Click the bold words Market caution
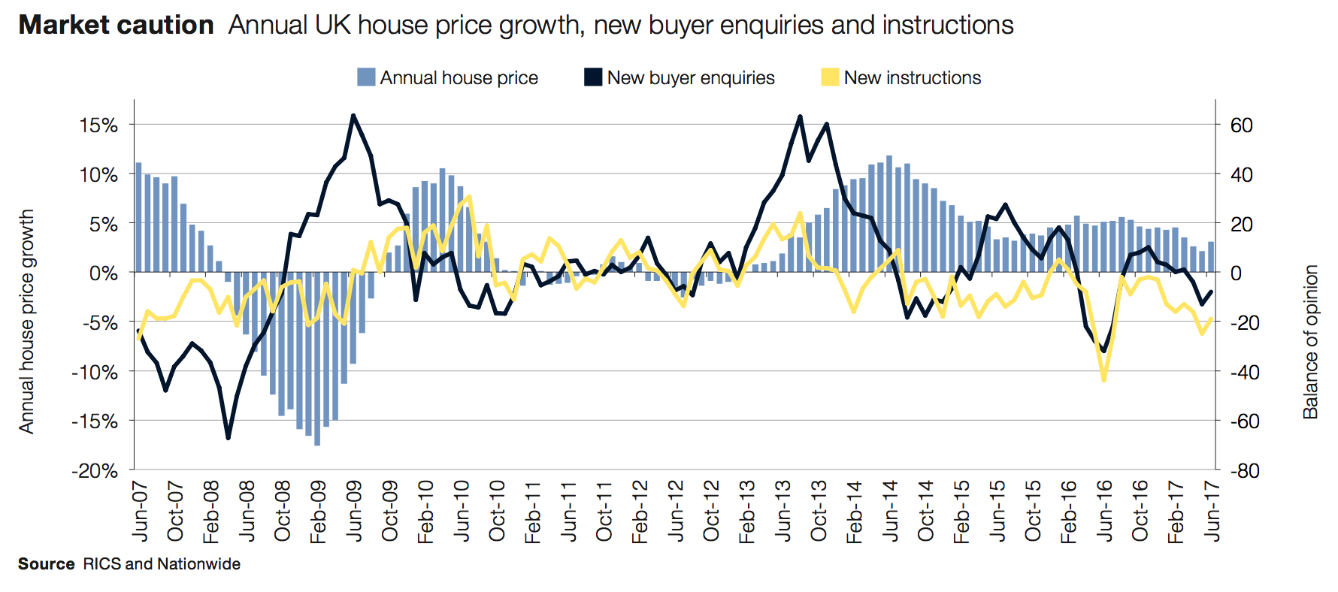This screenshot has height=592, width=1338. (116, 26)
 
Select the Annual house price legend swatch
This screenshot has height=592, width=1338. (366, 77)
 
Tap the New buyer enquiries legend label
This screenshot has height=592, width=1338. (690, 78)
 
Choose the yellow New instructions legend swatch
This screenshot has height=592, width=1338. (830, 77)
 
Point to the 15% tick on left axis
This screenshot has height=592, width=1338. (99, 125)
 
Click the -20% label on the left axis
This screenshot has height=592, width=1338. (95, 471)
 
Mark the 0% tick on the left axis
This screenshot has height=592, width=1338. (104, 273)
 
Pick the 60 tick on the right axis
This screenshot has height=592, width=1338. (1241, 125)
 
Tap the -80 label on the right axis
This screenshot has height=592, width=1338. (1244, 471)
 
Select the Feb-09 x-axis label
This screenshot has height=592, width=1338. (319, 512)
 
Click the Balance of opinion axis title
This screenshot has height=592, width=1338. (1311, 342)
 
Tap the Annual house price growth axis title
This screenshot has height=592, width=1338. (26, 322)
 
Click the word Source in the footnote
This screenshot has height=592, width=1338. (47, 564)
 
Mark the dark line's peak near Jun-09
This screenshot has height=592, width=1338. (353, 116)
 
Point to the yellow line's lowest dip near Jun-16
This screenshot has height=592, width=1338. (1103, 380)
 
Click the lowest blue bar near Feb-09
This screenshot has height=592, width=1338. (317, 443)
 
